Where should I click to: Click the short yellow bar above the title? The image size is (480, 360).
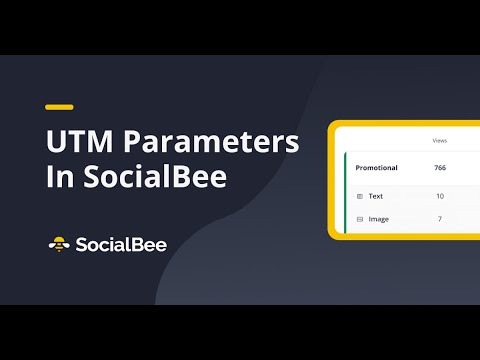coord(59,106)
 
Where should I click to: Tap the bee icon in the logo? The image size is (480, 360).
coord(59,243)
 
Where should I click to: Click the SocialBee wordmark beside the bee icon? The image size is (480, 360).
coord(122,243)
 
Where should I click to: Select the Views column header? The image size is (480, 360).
coord(439,141)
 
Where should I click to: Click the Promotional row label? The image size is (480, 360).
coord(377,167)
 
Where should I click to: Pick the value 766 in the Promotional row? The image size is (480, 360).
coord(440,167)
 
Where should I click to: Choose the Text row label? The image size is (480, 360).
coord(376,196)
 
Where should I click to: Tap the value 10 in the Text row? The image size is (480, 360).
coord(440,196)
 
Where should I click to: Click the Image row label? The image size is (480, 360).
coord(379,218)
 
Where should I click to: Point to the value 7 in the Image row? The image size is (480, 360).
coord(440,218)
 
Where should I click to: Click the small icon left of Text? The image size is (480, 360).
coord(359,196)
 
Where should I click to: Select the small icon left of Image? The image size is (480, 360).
coord(359,218)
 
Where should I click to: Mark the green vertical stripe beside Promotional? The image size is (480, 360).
coord(344,190)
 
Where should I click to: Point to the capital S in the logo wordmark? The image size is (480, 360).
coord(81,243)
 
